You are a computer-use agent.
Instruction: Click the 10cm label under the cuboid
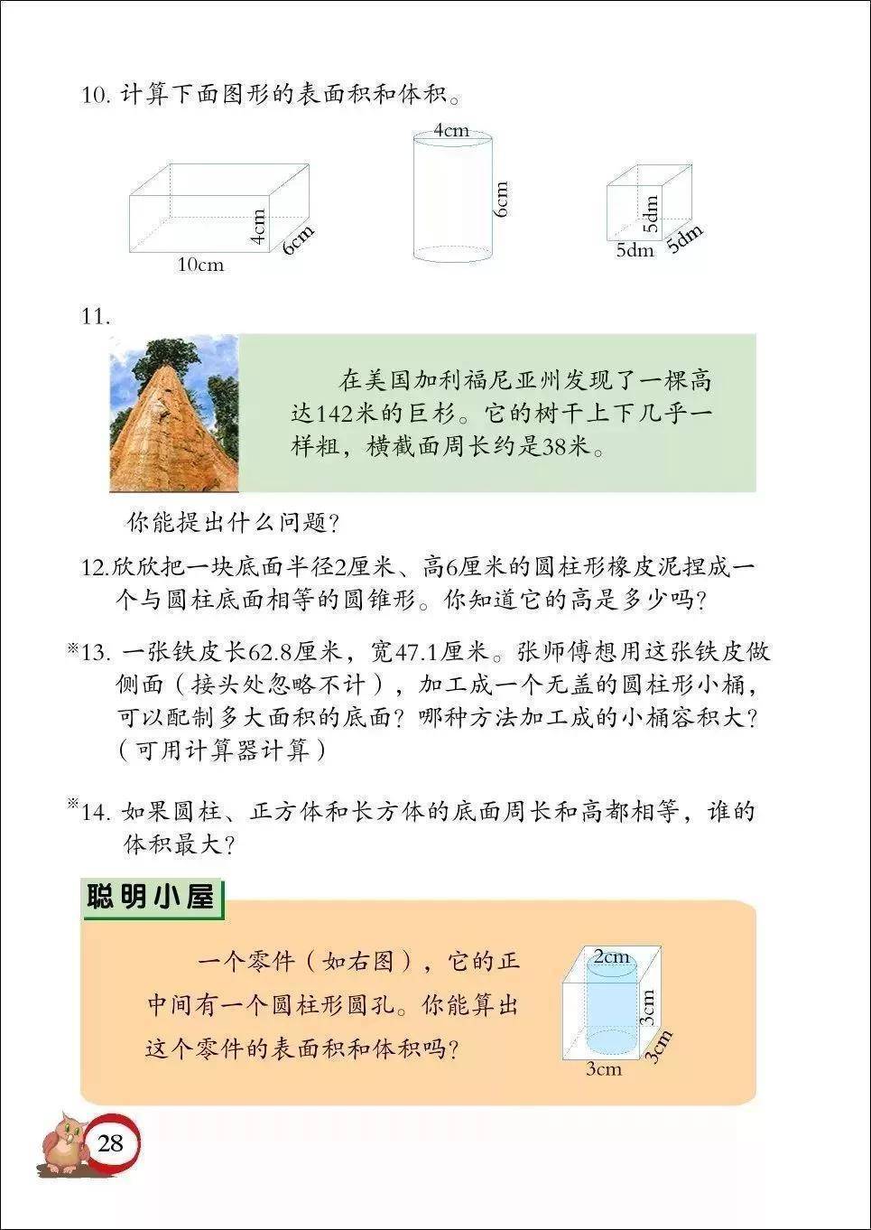click(x=201, y=265)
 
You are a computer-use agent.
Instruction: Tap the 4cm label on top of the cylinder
click(x=451, y=130)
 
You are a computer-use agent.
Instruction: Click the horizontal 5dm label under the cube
click(x=635, y=250)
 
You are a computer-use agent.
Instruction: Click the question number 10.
click(x=96, y=95)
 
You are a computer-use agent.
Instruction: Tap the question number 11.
click(x=96, y=317)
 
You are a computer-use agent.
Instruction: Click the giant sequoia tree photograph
click(x=174, y=413)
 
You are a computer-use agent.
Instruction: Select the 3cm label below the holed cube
click(x=604, y=1078)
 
